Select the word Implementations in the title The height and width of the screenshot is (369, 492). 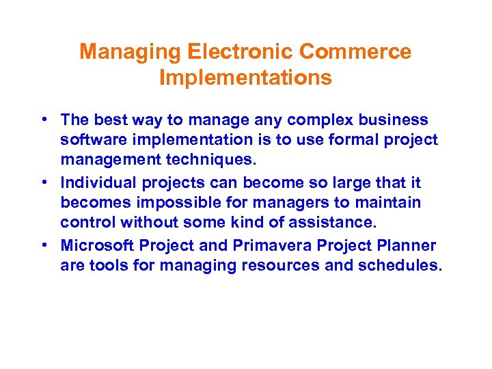click(x=245, y=78)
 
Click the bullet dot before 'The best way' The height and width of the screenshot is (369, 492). click(x=43, y=120)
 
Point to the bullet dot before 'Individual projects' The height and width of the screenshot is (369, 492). click(x=43, y=182)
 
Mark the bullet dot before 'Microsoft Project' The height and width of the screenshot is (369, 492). click(x=43, y=245)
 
